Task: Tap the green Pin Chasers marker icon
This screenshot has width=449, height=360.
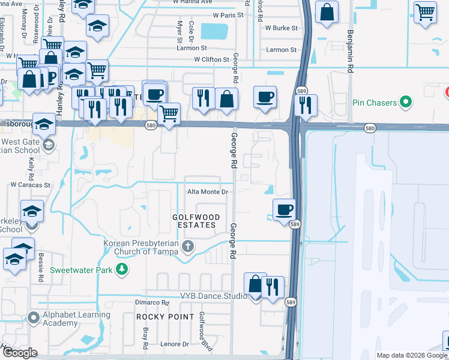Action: (x=408, y=102)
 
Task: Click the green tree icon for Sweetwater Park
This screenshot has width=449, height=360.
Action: (x=122, y=269)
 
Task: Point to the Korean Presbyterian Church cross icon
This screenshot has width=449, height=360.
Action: (x=188, y=247)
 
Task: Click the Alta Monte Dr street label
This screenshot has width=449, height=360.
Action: (x=208, y=192)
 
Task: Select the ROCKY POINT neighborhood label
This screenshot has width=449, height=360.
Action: (x=165, y=316)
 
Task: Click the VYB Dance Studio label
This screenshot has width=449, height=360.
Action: (x=214, y=296)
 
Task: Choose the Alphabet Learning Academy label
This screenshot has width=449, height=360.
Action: (x=76, y=319)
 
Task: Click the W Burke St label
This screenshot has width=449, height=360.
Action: (x=277, y=28)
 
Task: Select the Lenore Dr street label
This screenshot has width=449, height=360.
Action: (x=174, y=344)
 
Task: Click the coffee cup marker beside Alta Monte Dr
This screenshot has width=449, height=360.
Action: (x=284, y=210)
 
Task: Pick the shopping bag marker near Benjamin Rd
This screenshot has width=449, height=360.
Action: (x=326, y=13)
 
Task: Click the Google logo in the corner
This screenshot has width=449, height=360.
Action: (x=20, y=353)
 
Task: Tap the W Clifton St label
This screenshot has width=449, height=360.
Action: (x=212, y=59)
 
